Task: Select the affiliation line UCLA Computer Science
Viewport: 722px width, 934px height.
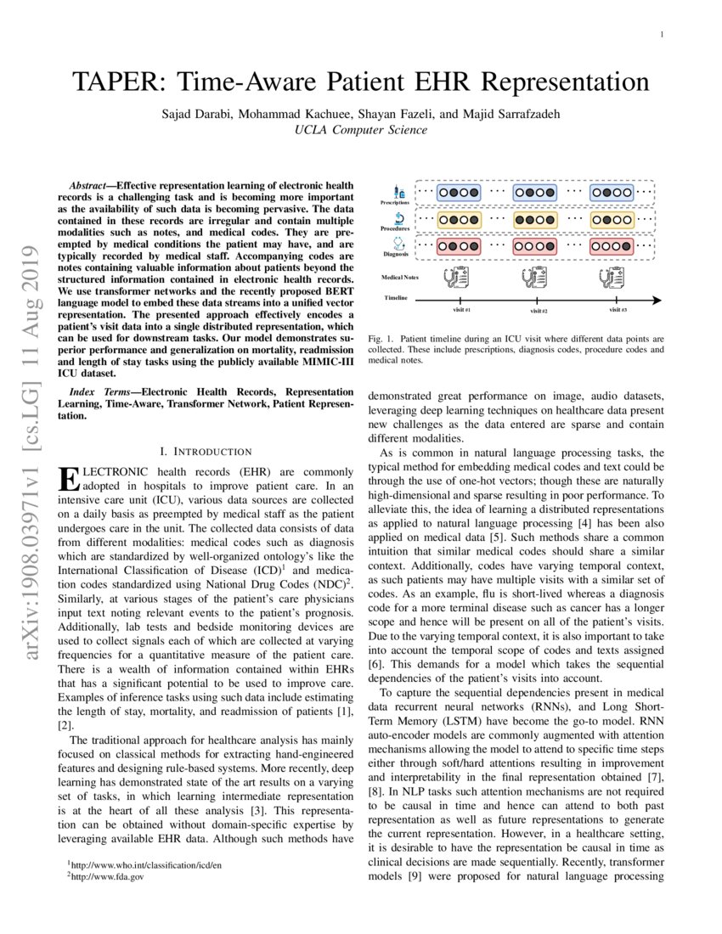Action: coord(360,130)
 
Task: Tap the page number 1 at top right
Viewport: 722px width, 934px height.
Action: coord(660,34)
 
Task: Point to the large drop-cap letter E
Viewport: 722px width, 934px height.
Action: coord(66,478)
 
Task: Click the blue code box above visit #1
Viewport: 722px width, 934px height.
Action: coord(459,192)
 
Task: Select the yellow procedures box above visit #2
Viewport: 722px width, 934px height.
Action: coord(535,219)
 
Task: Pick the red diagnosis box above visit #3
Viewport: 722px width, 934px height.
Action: coord(612,246)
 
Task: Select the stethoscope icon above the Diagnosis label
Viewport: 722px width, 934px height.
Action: coord(398,244)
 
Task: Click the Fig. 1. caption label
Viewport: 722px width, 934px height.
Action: coord(380,339)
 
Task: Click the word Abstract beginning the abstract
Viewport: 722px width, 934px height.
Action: coord(91,184)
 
